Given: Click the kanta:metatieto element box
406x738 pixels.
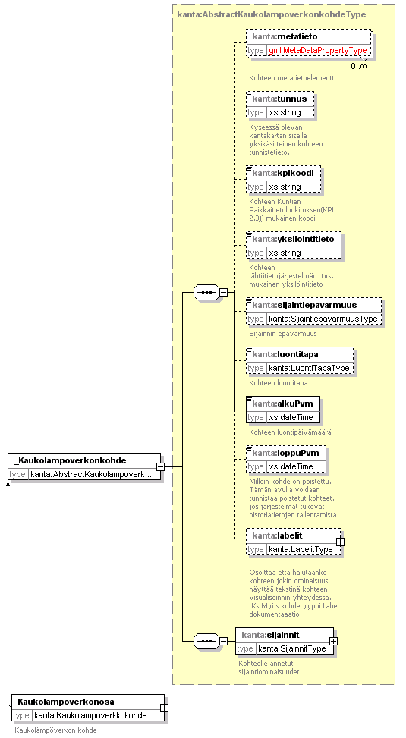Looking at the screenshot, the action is pos(309,43).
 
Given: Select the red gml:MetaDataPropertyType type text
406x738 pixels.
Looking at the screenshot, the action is pos(317,50).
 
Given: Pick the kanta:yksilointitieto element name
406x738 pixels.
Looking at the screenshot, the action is pos(293,239).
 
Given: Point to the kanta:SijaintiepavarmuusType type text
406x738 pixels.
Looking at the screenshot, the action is pos(323,319).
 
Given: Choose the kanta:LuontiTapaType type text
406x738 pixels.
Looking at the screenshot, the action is pos(309,368).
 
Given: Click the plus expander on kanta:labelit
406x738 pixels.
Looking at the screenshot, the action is pos(340,542).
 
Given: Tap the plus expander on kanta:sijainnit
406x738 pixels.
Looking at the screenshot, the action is pos(333,641).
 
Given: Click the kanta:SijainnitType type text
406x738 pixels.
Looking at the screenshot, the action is pos(292,648).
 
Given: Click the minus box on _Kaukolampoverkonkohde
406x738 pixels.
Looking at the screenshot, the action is pos(160,467).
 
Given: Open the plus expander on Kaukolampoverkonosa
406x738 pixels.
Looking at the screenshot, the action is pos(165,708).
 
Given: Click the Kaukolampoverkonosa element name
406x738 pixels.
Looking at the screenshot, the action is pos(66,702).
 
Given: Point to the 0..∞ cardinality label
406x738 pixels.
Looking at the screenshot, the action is pos(358,66).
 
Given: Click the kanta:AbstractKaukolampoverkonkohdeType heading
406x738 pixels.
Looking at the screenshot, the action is pos(271,14).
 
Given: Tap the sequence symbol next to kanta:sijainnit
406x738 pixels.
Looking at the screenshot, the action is pos(206,641).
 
